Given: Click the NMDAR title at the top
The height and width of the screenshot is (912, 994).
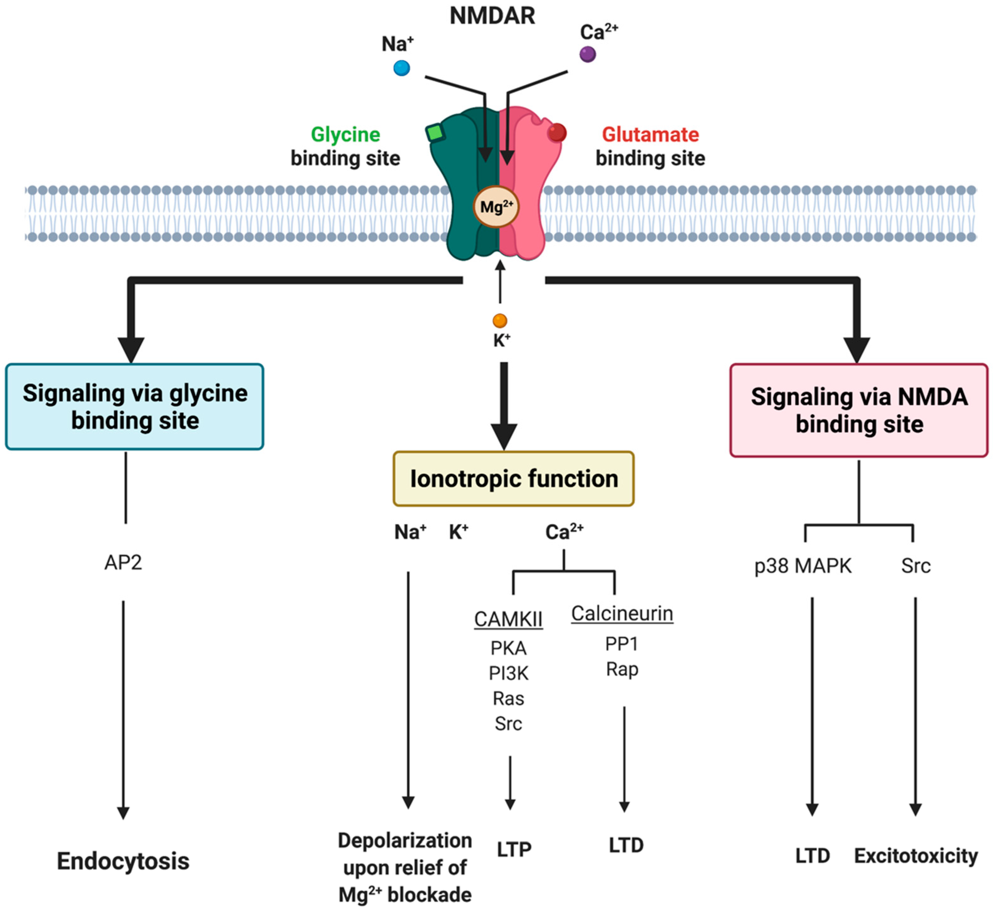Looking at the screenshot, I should click(x=492, y=16).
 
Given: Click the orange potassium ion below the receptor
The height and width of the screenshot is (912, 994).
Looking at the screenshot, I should click(x=500, y=321).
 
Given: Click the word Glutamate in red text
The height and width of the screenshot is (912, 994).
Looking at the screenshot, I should click(x=650, y=134).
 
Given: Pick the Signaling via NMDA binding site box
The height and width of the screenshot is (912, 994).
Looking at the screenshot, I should click(x=859, y=410).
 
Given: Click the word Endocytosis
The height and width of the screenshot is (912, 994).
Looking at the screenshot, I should click(x=123, y=861).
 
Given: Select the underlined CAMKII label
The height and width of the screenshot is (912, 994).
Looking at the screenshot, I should click(x=508, y=619).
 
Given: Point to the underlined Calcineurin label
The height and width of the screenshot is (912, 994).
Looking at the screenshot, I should click(x=622, y=614).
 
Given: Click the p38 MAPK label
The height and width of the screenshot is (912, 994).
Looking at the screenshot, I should click(x=803, y=566).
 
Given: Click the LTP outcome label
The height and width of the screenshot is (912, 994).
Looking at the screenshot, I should click(x=513, y=849).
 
